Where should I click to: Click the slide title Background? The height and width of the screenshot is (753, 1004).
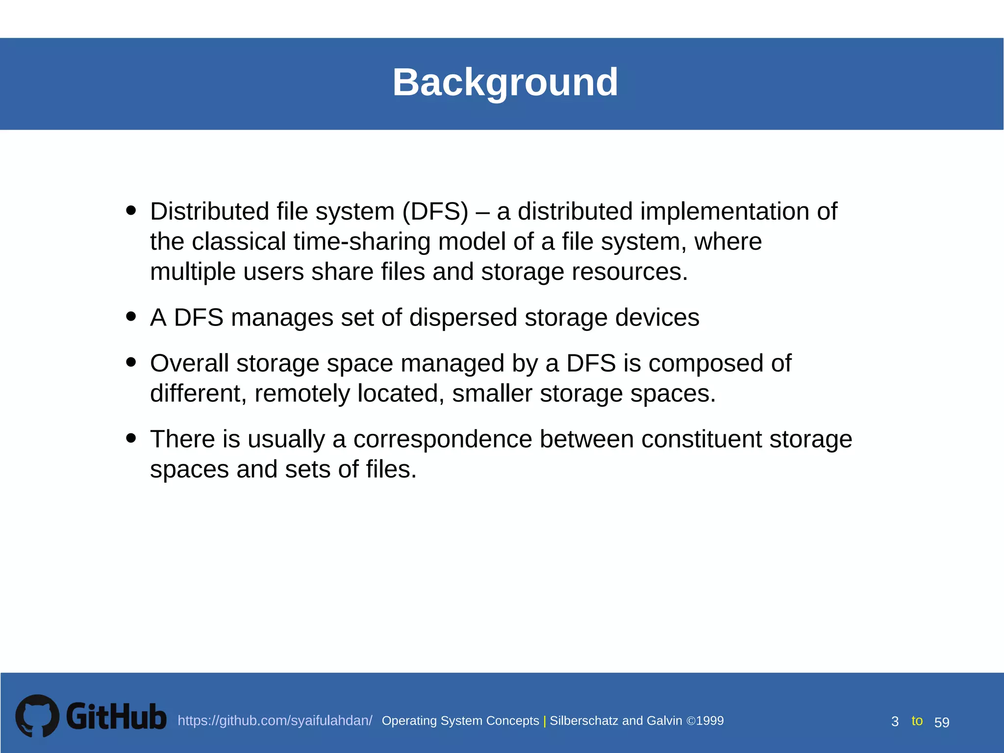[x=505, y=82]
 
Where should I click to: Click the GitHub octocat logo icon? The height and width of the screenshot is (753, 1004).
[x=37, y=715]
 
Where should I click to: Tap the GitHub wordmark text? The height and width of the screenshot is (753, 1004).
[x=116, y=717]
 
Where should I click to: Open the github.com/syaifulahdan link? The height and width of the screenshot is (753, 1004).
[x=275, y=721]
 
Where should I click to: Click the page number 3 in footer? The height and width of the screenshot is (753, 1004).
[x=895, y=722]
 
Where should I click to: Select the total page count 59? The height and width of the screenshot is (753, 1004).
[x=942, y=722]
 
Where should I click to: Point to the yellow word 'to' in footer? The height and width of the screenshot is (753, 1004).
[x=917, y=721]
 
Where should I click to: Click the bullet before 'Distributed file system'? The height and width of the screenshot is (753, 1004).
[x=130, y=210]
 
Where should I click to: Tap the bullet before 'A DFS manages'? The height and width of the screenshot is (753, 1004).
[x=130, y=316]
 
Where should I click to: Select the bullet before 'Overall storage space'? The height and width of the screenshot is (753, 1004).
[x=130, y=362]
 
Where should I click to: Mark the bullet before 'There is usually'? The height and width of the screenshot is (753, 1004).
[x=130, y=437]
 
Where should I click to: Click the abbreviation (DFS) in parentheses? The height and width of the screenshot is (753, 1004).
[x=435, y=212]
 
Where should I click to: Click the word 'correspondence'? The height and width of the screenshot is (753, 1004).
[x=442, y=439]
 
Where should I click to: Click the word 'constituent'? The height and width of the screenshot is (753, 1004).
[x=702, y=439]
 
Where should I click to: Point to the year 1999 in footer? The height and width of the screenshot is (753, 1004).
[x=710, y=721]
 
